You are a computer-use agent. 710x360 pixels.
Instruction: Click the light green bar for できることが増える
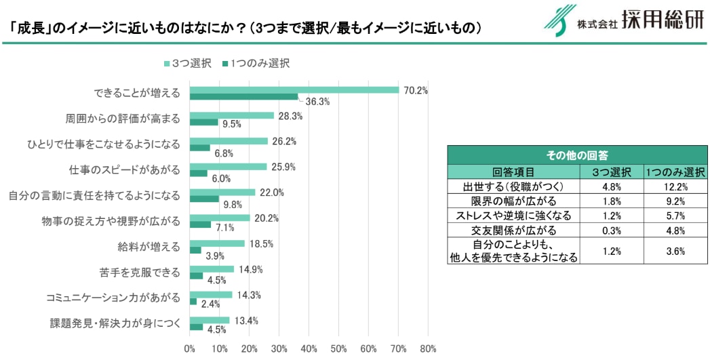pyautogui.click(x=294, y=90)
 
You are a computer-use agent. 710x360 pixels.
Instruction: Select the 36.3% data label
pyautogui.click(x=317, y=102)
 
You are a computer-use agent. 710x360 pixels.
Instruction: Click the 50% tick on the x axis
pyautogui.click(x=338, y=349)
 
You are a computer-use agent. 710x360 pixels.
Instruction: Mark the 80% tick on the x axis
pyautogui.click(x=428, y=349)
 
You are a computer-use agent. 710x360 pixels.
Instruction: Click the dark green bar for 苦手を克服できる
pyautogui.click(x=197, y=276)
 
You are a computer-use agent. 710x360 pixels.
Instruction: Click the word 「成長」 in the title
pyautogui.click(x=27, y=27)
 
